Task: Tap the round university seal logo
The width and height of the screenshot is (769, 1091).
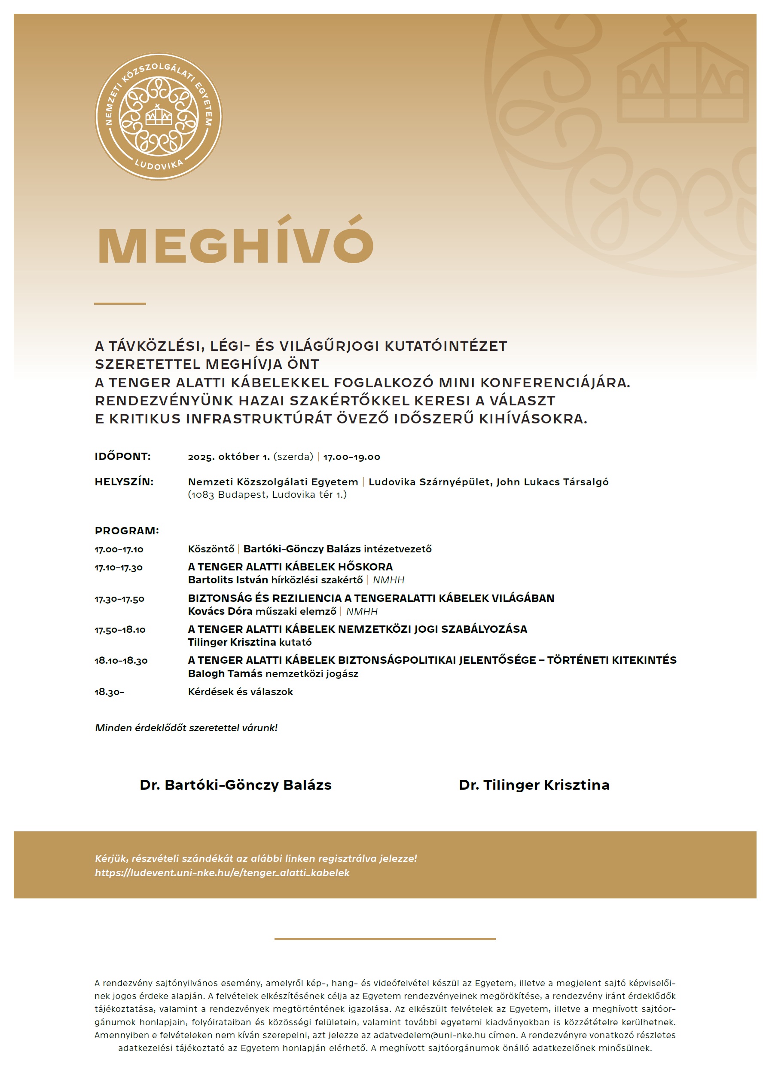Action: (x=158, y=117)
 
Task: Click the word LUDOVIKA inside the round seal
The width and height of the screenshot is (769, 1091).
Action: (x=159, y=164)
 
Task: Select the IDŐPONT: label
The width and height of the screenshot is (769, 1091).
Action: (x=122, y=457)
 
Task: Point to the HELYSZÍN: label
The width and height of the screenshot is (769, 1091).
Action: (x=124, y=482)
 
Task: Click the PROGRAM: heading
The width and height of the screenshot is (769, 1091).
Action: (x=127, y=531)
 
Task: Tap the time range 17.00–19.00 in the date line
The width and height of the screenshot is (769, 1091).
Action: (x=351, y=457)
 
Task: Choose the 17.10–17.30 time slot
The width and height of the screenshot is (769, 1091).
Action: (x=119, y=568)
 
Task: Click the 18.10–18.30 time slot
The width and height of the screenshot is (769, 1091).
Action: (x=121, y=661)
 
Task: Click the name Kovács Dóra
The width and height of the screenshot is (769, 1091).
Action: (x=220, y=612)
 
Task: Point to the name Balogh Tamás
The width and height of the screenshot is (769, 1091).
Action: (x=225, y=674)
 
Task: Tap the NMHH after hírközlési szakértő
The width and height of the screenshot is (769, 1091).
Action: (x=388, y=580)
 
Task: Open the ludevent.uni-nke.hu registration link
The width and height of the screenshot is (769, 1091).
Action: (x=222, y=873)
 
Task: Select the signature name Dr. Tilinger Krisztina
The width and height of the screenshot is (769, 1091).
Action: (x=534, y=785)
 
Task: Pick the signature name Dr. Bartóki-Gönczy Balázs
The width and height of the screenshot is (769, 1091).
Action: (x=235, y=785)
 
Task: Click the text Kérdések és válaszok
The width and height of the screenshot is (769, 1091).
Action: (x=240, y=692)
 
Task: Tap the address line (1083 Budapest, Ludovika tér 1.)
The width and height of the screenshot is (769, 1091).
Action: (x=267, y=495)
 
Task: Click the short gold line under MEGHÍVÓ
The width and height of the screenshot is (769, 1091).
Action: (x=120, y=303)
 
